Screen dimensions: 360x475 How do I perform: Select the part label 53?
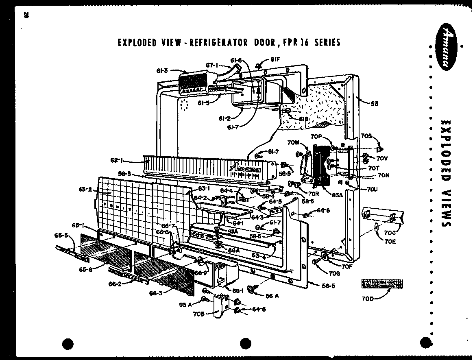pyautogui.click(x=374, y=104)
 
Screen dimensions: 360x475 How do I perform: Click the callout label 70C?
pyautogui.click(x=390, y=233)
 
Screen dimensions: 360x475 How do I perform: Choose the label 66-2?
pyautogui.click(x=115, y=285)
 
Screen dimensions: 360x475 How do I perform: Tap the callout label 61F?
pyautogui.click(x=275, y=61)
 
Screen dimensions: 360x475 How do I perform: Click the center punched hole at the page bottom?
pyautogui.click(x=246, y=343)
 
